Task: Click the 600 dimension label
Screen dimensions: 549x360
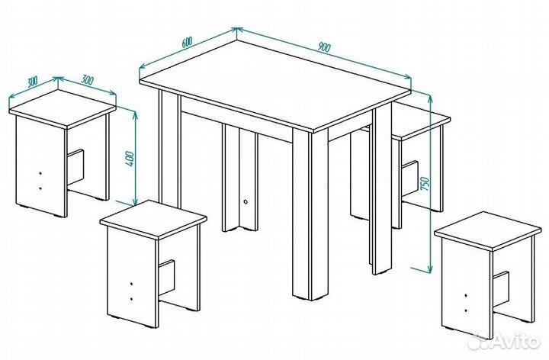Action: pos(188,42)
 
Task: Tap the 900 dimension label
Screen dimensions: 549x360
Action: pos(324,47)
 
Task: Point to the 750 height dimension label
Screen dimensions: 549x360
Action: pos(425,184)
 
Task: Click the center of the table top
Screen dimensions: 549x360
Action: pos(274,85)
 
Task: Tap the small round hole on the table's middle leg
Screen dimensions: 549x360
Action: pos(246,201)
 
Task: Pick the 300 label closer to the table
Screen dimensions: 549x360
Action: pos(87,80)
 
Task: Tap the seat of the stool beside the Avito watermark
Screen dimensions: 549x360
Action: pos(488,230)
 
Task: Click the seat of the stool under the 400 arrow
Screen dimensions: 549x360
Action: pos(153,219)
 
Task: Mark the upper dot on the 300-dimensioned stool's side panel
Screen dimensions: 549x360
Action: pos(40,173)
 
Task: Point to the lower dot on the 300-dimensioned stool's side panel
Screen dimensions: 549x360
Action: pos(40,188)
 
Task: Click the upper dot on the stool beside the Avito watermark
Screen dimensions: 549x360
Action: pos(466,296)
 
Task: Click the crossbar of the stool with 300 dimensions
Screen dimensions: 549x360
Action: pos(75,167)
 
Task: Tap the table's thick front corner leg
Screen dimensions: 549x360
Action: pos(310,214)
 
